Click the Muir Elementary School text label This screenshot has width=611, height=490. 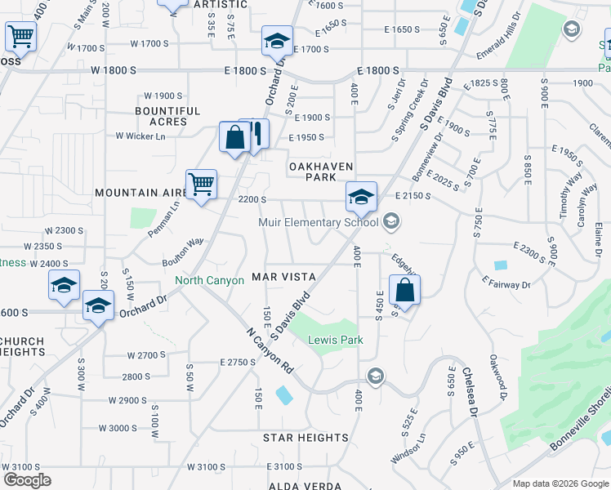[x=318, y=222]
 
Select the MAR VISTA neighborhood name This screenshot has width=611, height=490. [x=283, y=277]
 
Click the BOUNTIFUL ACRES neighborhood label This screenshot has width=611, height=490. [x=167, y=116]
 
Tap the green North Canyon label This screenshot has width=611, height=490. [x=210, y=281]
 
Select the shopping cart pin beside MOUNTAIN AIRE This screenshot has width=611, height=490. [x=201, y=184]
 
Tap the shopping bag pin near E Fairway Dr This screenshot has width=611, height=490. [x=405, y=289]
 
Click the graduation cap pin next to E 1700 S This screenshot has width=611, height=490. [x=277, y=40]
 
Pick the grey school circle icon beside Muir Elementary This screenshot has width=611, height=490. [x=391, y=221]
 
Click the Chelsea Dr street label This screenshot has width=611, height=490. [x=471, y=391]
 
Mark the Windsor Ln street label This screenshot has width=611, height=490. [x=408, y=448]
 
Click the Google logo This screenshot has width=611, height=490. [x=27, y=480]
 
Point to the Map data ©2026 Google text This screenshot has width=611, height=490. [x=560, y=483]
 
